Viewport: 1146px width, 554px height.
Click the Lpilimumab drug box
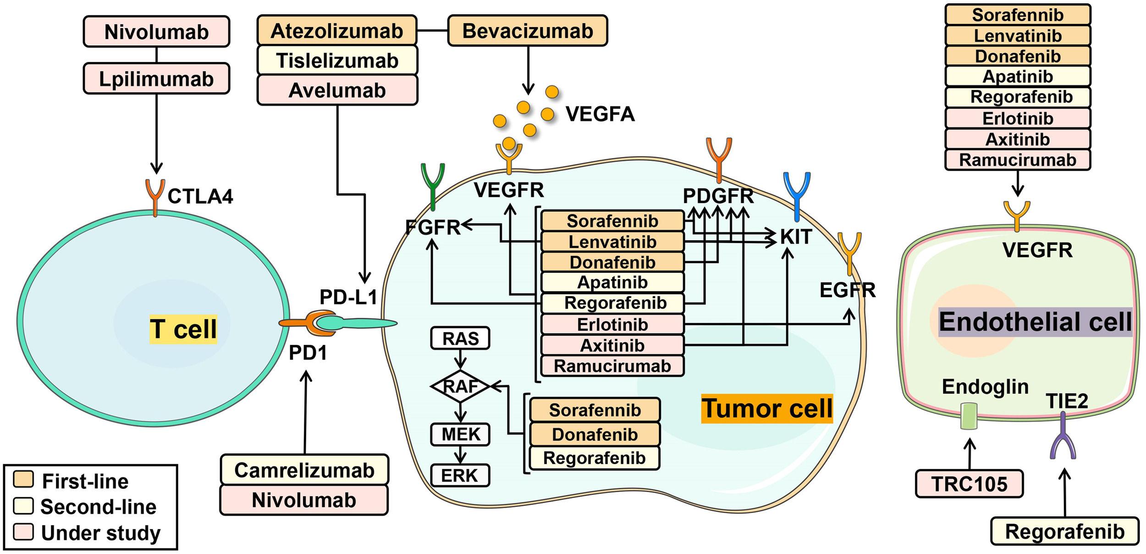click(x=156, y=79)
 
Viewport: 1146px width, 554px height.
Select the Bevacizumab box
click(x=528, y=31)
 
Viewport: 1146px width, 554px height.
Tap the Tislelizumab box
click(x=337, y=61)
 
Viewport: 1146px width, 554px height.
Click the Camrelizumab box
click(x=304, y=470)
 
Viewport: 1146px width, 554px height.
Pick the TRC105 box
click(x=970, y=484)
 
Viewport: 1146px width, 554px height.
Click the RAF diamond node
click(x=460, y=386)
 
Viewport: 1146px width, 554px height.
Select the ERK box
click(x=460, y=476)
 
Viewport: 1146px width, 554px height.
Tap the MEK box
click(x=460, y=434)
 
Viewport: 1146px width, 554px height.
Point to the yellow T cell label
click(x=183, y=329)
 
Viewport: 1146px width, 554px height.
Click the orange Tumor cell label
click(x=767, y=408)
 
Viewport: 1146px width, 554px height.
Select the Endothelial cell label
click(x=1035, y=322)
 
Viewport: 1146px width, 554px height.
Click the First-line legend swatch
click(x=23, y=479)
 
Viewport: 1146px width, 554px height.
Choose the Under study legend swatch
click(x=23, y=532)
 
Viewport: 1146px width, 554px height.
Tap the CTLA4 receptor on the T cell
click(x=155, y=197)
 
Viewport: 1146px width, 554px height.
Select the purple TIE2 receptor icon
click(x=1063, y=436)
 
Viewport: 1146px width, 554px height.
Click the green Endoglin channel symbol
click(x=969, y=416)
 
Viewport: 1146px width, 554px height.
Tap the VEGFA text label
click(x=600, y=114)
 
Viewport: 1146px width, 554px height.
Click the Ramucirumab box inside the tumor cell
click(x=612, y=366)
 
